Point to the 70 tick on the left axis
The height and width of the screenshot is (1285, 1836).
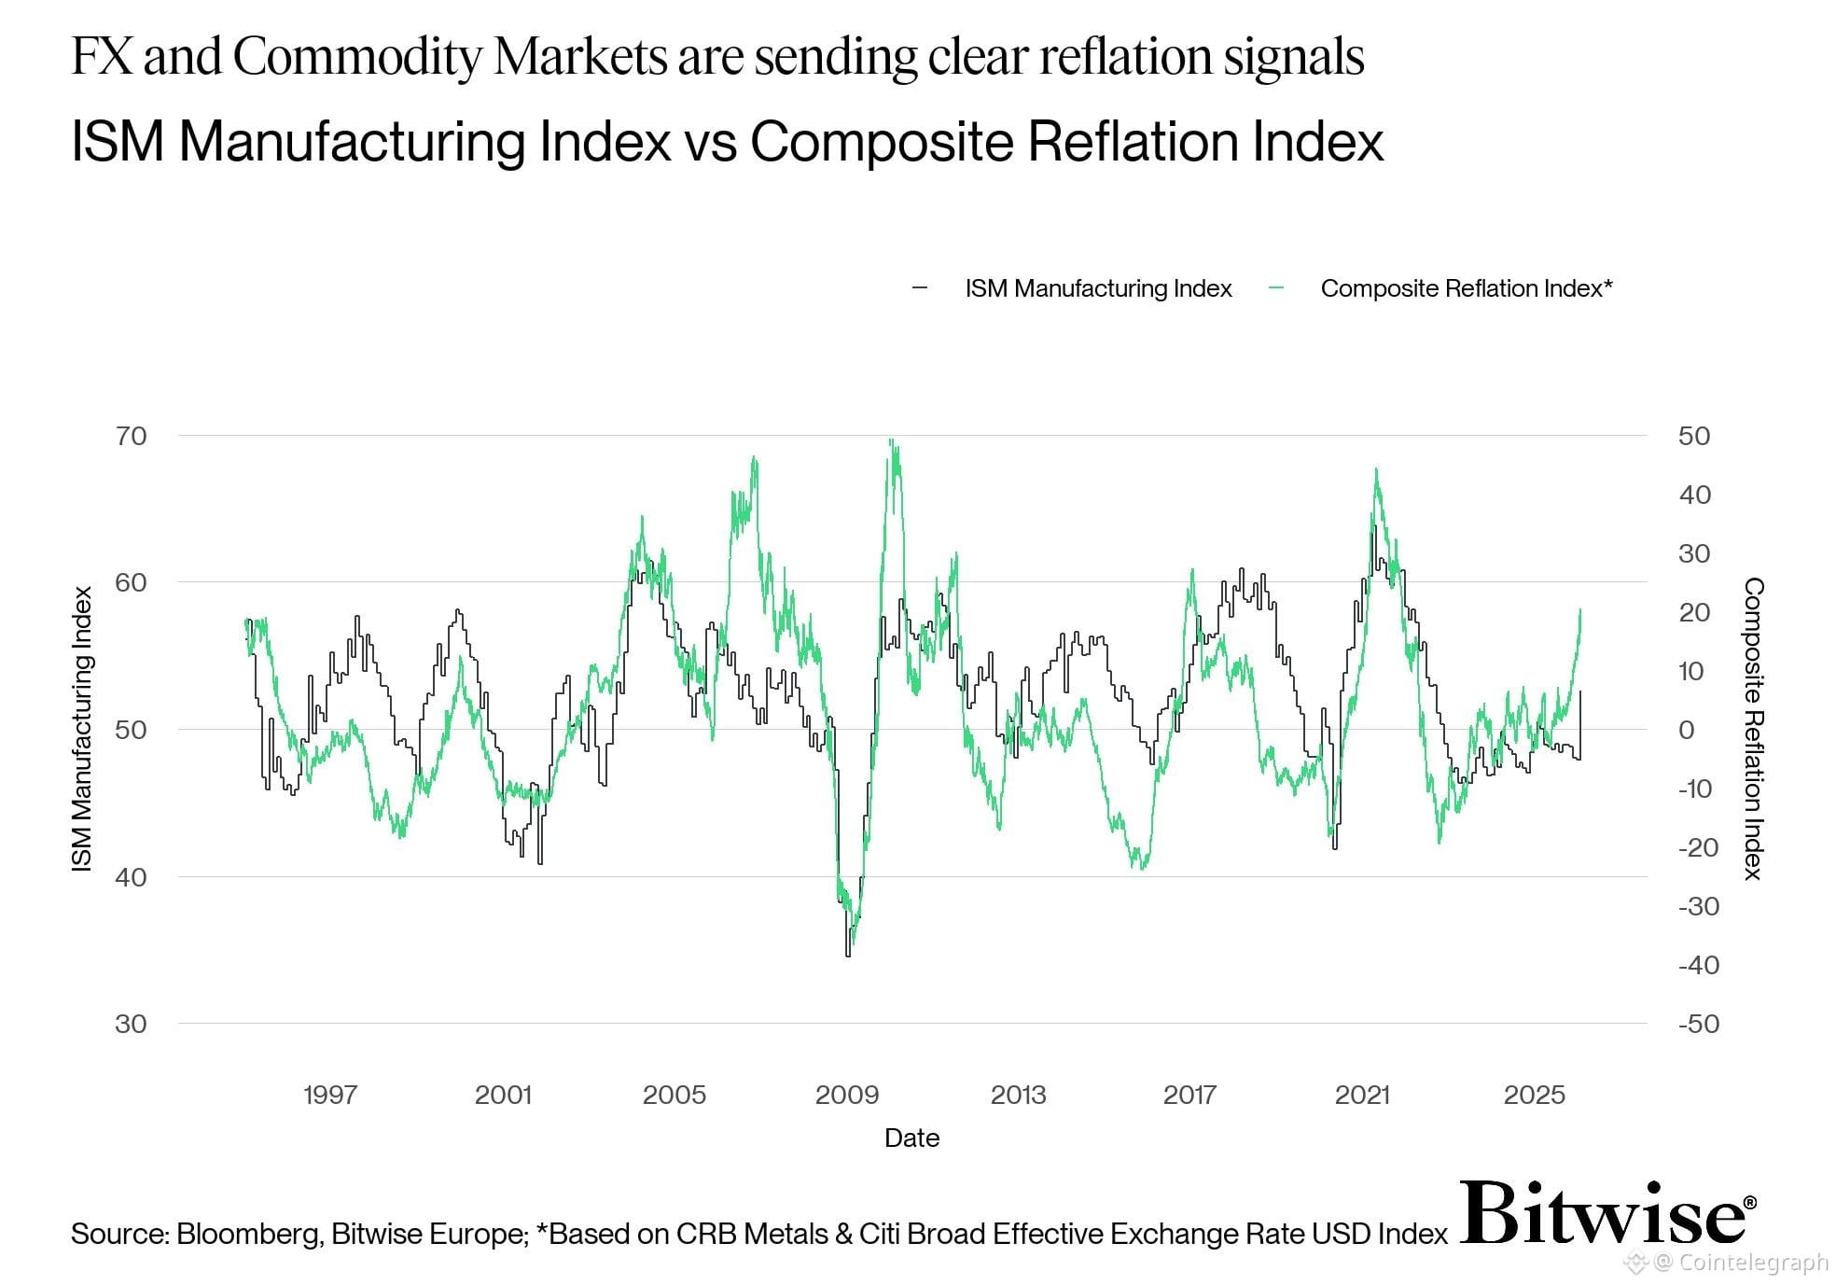[x=132, y=436]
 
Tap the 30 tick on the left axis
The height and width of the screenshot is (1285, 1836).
[x=132, y=1024]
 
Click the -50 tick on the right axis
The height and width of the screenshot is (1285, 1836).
[x=1698, y=1024]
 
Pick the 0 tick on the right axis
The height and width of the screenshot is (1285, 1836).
[x=1687, y=730]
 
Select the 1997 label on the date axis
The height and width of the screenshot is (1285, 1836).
[x=330, y=1095]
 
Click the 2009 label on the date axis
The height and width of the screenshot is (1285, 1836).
[x=847, y=1095]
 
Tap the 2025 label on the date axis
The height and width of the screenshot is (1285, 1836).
[x=1535, y=1095]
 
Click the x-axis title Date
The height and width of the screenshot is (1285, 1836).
[x=911, y=1138]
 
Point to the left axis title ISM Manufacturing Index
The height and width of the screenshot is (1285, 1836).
[x=83, y=730]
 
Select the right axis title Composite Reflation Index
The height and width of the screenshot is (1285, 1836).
[x=1754, y=729]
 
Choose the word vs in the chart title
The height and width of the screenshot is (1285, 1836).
[x=710, y=142]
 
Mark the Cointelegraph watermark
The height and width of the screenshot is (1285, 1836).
[x=1740, y=1264]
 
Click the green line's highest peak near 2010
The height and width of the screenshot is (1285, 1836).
[x=892, y=440]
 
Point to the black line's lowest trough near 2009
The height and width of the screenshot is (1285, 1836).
[x=848, y=955]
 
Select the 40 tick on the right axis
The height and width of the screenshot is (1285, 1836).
[x=1694, y=495]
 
